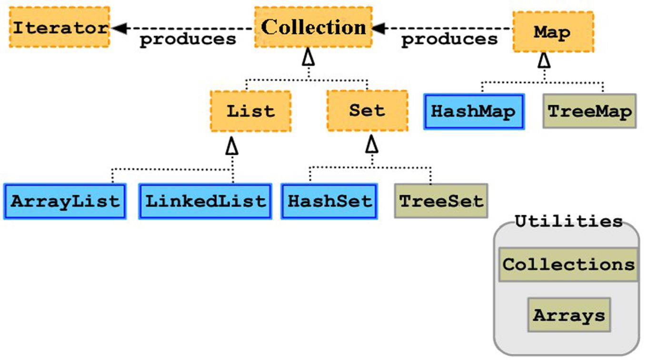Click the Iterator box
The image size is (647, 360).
(60, 27)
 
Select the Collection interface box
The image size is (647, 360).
(313, 27)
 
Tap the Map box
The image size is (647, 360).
(553, 32)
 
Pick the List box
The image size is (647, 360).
(251, 111)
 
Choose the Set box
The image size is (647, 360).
(368, 110)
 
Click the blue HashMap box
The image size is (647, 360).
(474, 111)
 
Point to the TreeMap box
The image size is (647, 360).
(590, 111)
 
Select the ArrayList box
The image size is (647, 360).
(65, 201)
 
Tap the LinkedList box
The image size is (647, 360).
(205, 201)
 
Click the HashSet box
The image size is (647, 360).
(329, 201)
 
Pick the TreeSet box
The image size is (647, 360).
(441, 201)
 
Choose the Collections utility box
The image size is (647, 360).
(568, 264)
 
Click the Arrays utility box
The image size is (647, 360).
(569, 315)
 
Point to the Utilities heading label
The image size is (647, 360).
(568, 221)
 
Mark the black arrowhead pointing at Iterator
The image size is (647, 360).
(119, 28)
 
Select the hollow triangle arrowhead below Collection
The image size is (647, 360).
(308, 57)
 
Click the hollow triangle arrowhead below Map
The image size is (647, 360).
(544, 60)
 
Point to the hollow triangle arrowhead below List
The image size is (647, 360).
(232, 146)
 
